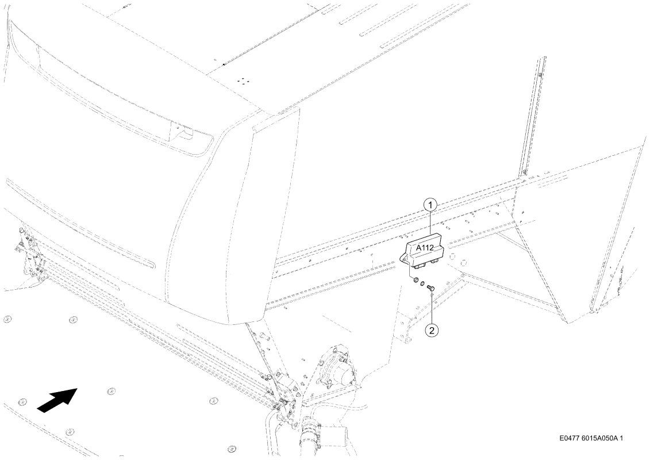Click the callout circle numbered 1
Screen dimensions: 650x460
[430, 205]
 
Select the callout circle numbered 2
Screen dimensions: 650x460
[432, 330]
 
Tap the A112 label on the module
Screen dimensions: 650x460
[425, 248]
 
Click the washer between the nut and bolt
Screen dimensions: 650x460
[422, 284]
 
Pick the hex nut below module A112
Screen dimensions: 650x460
[414, 281]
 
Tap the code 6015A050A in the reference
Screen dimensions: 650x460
[599, 438]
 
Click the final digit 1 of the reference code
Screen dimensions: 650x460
[621, 438]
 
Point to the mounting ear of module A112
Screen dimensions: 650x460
[403, 259]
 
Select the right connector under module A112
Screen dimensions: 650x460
[435, 261]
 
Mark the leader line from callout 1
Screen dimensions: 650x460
[430, 223]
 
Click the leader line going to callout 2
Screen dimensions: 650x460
[432, 308]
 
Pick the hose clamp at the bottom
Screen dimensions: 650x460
[311, 428]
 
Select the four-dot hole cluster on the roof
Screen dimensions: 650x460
[242, 80]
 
